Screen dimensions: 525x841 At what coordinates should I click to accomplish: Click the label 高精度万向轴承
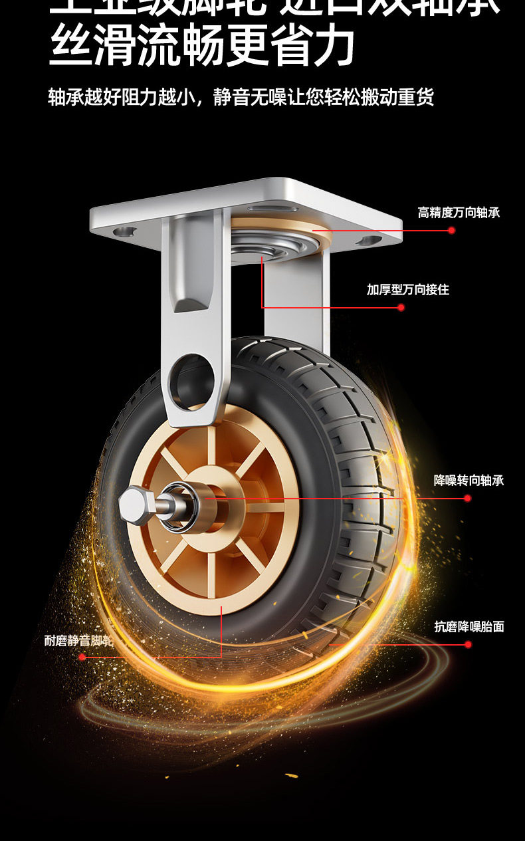coord(459,213)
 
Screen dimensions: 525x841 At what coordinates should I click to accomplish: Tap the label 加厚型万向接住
coord(408,290)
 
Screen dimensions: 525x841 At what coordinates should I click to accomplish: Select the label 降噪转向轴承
coord(469,480)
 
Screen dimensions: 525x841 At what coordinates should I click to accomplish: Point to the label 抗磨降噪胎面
coord(469,626)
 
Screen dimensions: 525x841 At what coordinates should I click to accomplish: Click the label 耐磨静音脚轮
coord(79,641)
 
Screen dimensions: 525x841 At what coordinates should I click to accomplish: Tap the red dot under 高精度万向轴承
coord(451,231)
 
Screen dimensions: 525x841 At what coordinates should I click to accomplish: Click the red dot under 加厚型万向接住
coord(401,307)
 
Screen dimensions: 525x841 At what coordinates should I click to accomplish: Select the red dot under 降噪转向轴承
coord(467,498)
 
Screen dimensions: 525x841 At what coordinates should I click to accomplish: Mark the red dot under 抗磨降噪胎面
coord(468,644)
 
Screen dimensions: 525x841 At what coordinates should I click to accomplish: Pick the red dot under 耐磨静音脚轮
coord(82,657)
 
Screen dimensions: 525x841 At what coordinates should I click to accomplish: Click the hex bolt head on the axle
coord(135,501)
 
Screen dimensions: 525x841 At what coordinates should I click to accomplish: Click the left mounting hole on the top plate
coord(124,232)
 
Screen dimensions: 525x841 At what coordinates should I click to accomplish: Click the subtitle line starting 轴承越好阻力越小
coord(241,97)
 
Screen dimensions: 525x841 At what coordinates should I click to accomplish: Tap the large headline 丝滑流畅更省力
coord(202,46)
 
